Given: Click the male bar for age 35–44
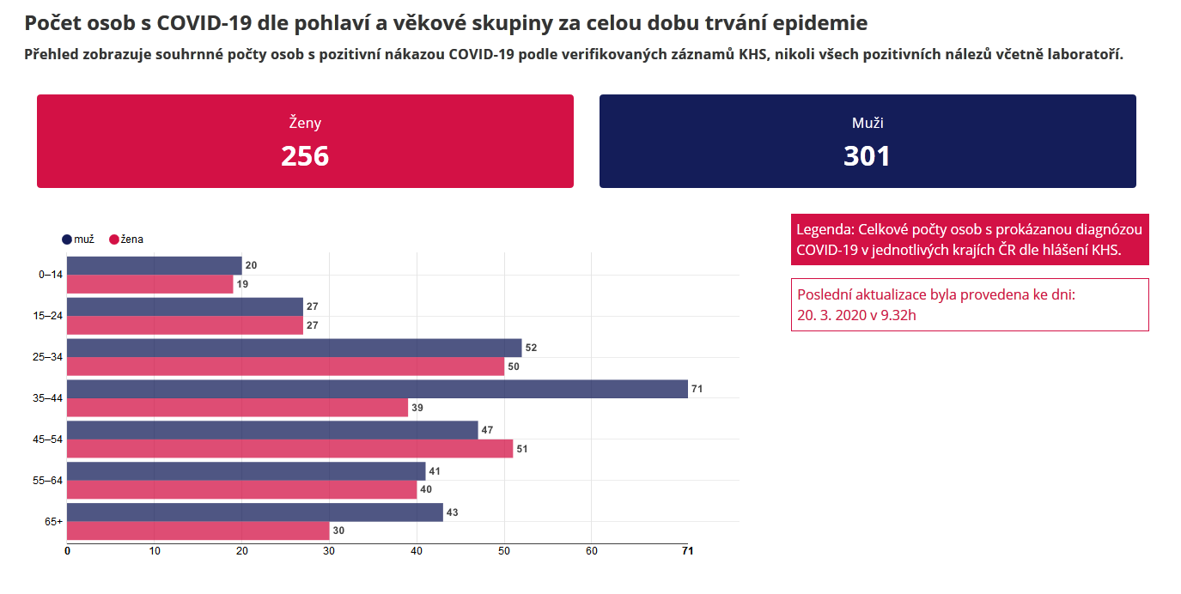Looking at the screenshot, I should pyautogui.click(x=377, y=389).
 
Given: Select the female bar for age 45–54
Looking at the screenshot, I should pyautogui.click(x=289, y=448).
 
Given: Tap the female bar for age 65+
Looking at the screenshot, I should pyautogui.click(x=198, y=530).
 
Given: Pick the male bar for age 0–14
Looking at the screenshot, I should pyautogui.click(x=154, y=265).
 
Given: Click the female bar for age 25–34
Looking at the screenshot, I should pyautogui.click(x=285, y=367).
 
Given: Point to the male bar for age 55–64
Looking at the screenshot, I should pyautogui.click(x=246, y=471).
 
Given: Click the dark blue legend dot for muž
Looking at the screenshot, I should pyautogui.click(x=67, y=239).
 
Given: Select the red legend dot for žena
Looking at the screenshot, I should pyautogui.click(x=113, y=239).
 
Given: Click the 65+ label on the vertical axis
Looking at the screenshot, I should pyautogui.click(x=54, y=522).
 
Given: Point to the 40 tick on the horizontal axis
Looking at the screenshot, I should pyautogui.click(x=417, y=551).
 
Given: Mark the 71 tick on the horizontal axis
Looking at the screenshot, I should pyautogui.click(x=687, y=551).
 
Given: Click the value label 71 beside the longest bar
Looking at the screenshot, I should pyautogui.click(x=697, y=389).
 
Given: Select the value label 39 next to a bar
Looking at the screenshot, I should pyautogui.click(x=417, y=408).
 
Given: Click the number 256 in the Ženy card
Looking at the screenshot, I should pyautogui.click(x=305, y=155).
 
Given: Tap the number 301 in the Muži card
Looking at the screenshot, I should pyautogui.click(x=867, y=155).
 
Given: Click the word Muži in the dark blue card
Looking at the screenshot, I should pyautogui.click(x=867, y=123).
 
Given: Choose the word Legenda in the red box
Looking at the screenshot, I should pyautogui.click(x=824, y=230).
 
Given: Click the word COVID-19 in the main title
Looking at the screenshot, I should pyautogui.click(x=202, y=23).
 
